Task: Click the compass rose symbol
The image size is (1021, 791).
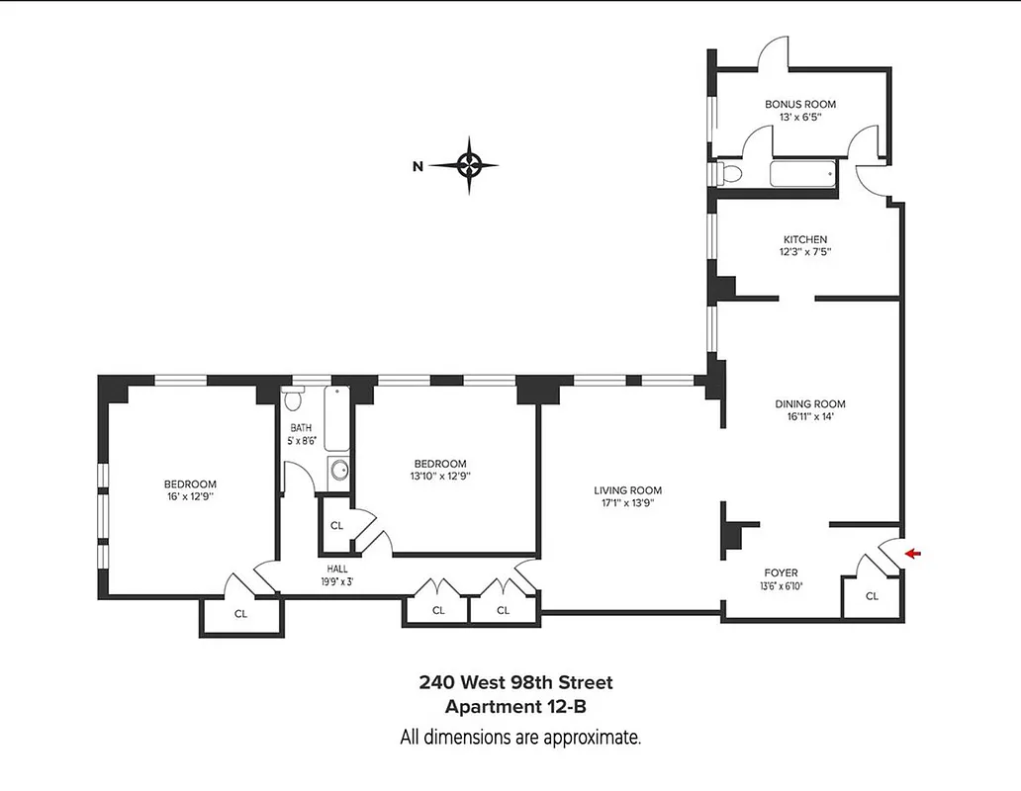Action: point(470,165)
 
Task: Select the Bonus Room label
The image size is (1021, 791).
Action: point(800,104)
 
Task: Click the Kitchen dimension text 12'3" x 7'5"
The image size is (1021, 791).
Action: point(806,252)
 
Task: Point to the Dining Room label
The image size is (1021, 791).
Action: point(810,403)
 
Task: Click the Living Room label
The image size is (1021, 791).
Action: point(627,490)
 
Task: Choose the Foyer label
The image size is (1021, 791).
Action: point(781,572)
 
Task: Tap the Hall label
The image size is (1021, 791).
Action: point(338,569)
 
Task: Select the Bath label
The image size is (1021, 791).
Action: point(300,428)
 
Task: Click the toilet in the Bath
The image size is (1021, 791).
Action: point(294,401)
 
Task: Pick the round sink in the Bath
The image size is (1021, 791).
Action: point(338,470)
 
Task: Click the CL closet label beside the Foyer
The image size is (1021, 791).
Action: point(871,596)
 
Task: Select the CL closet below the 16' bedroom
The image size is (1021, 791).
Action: point(240,613)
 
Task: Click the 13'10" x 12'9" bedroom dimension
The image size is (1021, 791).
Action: point(440,476)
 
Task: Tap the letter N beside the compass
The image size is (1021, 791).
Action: point(418,166)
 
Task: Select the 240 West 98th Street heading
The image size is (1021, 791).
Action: point(515,682)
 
